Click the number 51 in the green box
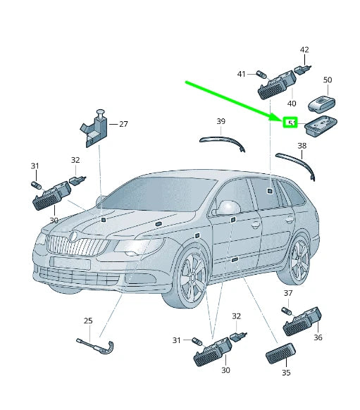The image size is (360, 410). pyautogui.click(x=290, y=123)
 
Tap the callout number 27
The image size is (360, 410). pyautogui.click(x=123, y=124)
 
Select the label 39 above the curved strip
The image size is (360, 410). pyautogui.click(x=221, y=122)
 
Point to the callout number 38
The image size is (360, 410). pyautogui.click(x=302, y=146)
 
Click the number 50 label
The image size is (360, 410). pyautogui.click(x=327, y=80)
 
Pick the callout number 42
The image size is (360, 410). pyautogui.click(x=304, y=50)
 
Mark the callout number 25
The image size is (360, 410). pyautogui.click(x=88, y=321)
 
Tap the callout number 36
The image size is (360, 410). pyautogui.click(x=318, y=337)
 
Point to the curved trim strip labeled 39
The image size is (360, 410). pyautogui.click(x=222, y=141)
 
